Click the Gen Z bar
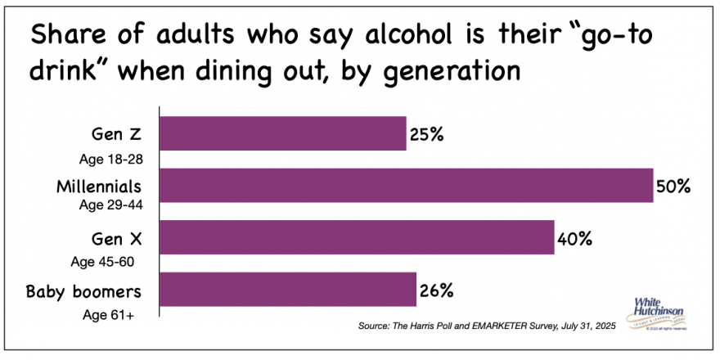click(x=282, y=133)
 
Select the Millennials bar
click(x=406, y=186)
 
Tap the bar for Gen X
click(x=357, y=238)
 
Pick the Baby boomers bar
click(x=287, y=290)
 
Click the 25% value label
click(x=426, y=134)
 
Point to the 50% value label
click(x=673, y=187)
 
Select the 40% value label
click(x=574, y=239)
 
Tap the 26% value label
click(x=436, y=290)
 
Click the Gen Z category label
click(x=121, y=134)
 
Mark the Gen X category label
click(x=120, y=239)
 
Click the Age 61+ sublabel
click(x=106, y=314)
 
